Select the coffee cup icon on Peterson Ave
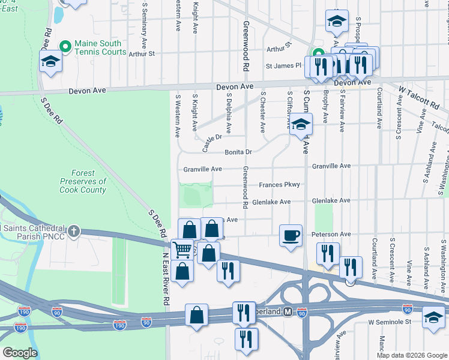[x=291, y=235]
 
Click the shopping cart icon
[x=182, y=250]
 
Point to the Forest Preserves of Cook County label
[x=83, y=181]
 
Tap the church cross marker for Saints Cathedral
[x=73, y=232]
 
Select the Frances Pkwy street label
[x=279, y=185]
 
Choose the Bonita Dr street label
[x=238, y=152]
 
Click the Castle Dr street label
[x=212, y=143]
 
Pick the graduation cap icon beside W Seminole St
[x=434, y=316]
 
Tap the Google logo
[x=20, y=353]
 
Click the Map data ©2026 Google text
[x=412, y=355]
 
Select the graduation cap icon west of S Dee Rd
[x=50, y=61]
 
